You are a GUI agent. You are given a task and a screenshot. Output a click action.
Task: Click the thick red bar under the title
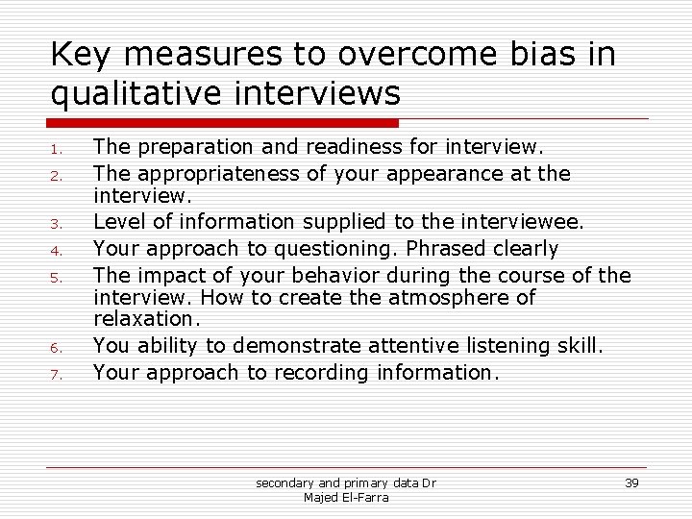pyautogui.click(x=223, y=123)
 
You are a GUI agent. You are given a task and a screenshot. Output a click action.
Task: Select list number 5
pyautogui.click(x=57, y=278)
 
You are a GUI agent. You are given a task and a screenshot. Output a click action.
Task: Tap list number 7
pyautogui.click(x=57, y=374)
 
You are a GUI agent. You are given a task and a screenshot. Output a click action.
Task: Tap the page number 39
pyautogui.click(x=630, y=482)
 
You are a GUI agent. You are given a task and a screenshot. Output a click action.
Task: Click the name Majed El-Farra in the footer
pyautogui.click(x=345, y=497)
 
